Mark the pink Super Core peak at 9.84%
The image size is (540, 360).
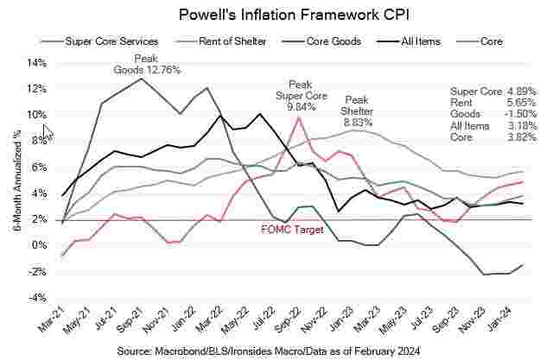click(x=298, y=117)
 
